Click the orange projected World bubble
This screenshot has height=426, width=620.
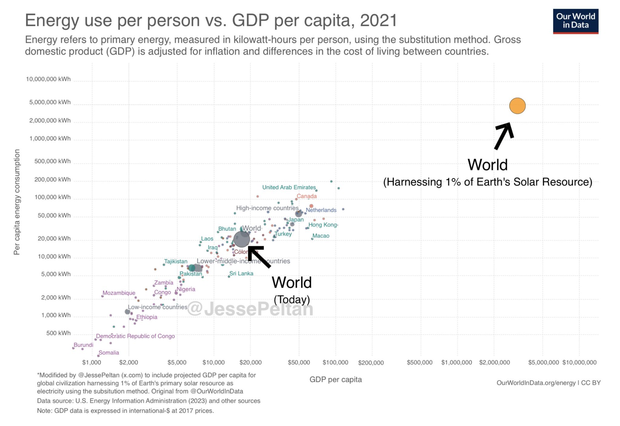tap(517, 106)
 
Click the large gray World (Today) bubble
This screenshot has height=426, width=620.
tap(242, 239)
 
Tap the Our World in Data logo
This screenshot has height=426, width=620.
tap(575, 21)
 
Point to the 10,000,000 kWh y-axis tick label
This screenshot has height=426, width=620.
tap(48, 79)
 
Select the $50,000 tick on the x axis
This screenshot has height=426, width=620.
tap(299, 362)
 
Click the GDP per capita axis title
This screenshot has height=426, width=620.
tap(335, 379)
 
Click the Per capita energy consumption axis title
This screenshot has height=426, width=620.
tap(17, 202)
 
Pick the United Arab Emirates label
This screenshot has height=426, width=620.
tap(289, 187)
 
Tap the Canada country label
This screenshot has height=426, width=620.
tap(306, 196)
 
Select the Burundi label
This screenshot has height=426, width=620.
tap(84, 345)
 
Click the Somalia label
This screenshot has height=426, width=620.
tap(109, 353)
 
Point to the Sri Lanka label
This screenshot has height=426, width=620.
tap(241, 273)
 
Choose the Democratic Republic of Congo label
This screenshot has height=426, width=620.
tap(135, 336)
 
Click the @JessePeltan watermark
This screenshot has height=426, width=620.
tap(250, 309)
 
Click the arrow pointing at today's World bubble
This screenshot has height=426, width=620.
tap(259, 256)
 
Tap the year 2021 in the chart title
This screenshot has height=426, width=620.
tap(378, 21)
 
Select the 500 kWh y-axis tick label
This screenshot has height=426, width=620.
tap(58, 333)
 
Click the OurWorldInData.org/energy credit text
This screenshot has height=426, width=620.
tap(536, 383)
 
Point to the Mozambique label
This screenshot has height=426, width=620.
tap(119, 293)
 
